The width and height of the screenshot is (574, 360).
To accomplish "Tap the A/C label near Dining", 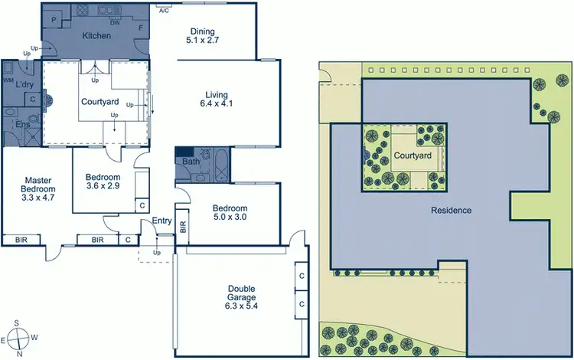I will (164, 11).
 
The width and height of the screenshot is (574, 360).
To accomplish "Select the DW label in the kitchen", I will (115, 23).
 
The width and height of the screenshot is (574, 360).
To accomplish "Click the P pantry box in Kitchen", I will (54, 19).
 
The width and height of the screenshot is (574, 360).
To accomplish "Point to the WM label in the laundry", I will (8, 80).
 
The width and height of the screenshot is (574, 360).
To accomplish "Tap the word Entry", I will (162, 221).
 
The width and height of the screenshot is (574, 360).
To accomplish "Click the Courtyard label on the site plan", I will (413, 156).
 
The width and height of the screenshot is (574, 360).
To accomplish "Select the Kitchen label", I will (97, 36).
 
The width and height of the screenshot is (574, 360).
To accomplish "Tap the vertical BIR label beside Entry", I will (182, 226).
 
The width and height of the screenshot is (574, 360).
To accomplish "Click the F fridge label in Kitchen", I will (140, 28).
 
